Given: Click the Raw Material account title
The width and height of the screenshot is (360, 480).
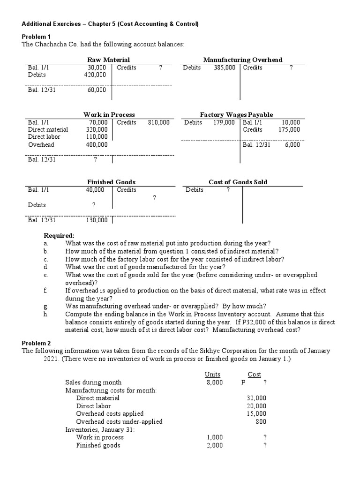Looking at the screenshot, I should tap(108, 60).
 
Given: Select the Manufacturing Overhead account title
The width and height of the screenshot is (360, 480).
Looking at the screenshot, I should tap(242, 60).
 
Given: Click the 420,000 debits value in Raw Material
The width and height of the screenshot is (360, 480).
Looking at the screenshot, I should tap(97, 75).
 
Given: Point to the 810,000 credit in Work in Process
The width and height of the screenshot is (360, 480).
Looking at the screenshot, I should tap(158, 122).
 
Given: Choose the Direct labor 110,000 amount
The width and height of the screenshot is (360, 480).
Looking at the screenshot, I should tap(97, 137).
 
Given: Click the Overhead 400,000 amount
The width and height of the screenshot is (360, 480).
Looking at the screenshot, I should tap(97, 145).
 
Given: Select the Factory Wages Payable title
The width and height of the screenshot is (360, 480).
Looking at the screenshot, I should tap(236, 114).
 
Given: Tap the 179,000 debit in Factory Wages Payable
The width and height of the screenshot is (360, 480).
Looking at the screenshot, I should tap(223, 122).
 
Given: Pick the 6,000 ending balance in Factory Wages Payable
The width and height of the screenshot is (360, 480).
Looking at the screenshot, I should tap(292, 145).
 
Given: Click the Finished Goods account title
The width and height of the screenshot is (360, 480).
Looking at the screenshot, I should tap(111, 182).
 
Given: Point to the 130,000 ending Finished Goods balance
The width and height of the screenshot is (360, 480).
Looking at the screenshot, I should tap(97, 220).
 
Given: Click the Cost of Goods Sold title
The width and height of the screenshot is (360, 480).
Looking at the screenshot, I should tap(238, 182).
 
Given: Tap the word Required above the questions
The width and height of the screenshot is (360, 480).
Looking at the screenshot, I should tap(59, 235).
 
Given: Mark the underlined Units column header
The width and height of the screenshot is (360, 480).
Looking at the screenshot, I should tap(212, 374).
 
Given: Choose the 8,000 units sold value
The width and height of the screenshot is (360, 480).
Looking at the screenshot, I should tap(214, 382).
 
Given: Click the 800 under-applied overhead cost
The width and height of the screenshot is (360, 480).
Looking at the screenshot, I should tap(261, 421).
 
